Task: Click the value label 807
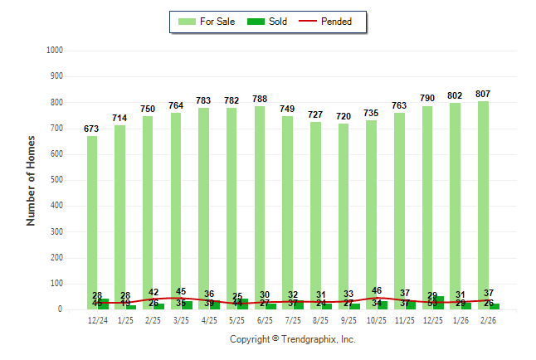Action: pyautogui.click(x=483, y=94)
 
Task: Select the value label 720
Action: pyautogui.click(x=344, y=116)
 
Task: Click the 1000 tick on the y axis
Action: pyautogui.click(x=55, y=51)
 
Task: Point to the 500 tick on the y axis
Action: pyautogui.click(x=57, y=180)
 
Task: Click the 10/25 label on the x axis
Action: pyautogui.click(x=377, y=320)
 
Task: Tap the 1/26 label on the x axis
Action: pyautogui.click(x=460, y=320)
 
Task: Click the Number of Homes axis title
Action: pyautogui.click(x=31, y=180)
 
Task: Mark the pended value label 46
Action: pyautogui.click(x=377, y=291)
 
